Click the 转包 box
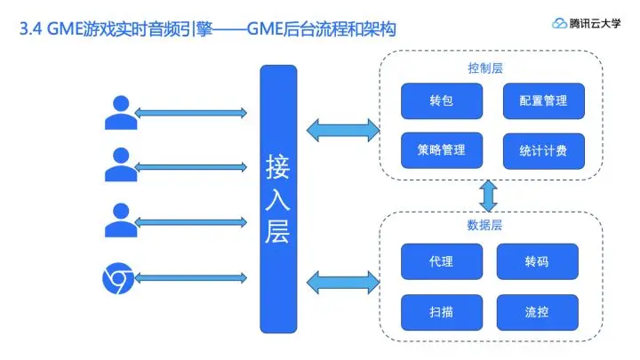[442, 101]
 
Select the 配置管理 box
[543, 101]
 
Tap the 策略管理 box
[442, 150]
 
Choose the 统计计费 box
[543, 150]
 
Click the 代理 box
[441, 261]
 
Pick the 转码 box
[538, 261]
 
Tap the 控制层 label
[485, 68]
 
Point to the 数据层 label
[485, 226]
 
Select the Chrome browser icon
[118, 282]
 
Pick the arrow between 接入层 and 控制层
[341, 131]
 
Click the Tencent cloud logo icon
[559, 24]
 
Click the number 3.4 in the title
[30, 30]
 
